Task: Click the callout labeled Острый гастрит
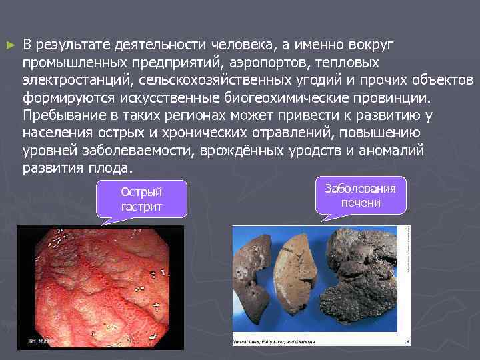pyautogui.click(x=141, y=199)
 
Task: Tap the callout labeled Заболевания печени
pyautogui.click(x=360, y=195)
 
